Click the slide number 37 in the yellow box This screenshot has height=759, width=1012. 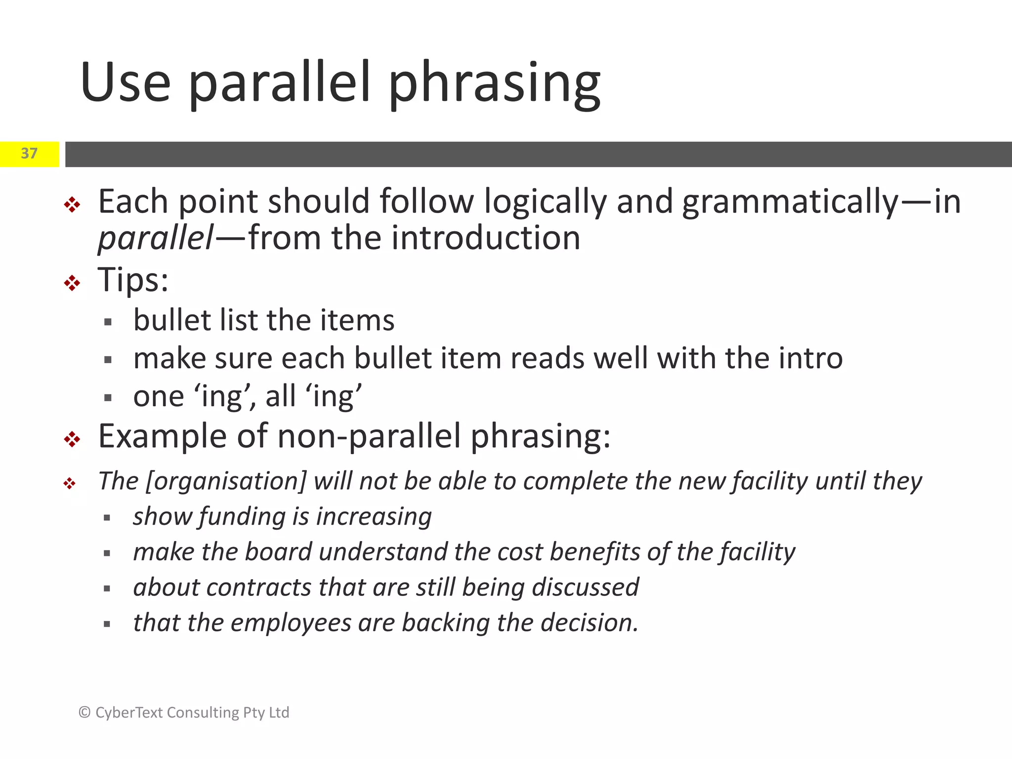pos(29,154)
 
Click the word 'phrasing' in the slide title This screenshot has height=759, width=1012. pos(494,84)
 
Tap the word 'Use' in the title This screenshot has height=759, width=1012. pos(126,83)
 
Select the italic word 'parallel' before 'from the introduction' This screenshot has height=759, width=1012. pos(156,238)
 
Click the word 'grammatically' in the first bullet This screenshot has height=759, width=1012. pos(790,202)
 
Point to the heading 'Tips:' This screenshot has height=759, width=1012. pos(133,280)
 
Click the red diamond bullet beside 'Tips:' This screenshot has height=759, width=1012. pos(72,283)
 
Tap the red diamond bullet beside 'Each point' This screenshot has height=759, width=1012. pos(72,205)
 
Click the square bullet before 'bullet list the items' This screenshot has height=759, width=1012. pos(108,323)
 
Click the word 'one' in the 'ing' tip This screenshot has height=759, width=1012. pos(158,396)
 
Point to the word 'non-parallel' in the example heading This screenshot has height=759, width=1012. pos(369,437)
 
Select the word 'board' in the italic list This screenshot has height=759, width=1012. pos(278,552)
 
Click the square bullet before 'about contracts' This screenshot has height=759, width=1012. pos(107,589)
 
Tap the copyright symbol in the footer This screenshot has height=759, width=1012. pos(84,713)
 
